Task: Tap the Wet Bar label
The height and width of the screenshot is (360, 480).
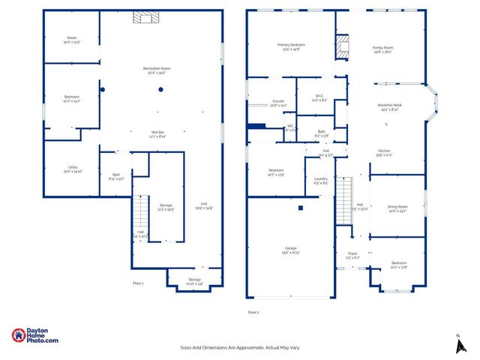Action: click(157, 133)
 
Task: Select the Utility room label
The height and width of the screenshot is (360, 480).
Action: click(72, 169)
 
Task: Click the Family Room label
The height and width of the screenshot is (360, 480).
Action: click(383, 49)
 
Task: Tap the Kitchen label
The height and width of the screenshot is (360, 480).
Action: click(384, 154)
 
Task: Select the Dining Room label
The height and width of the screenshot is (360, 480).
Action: click(397, 209)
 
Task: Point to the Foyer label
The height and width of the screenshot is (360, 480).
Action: click(352, 256)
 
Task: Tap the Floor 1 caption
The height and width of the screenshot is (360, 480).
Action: click(138, 283)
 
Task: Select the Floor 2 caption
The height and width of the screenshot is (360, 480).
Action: click(253, 311)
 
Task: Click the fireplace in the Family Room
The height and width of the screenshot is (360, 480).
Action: click(343, 46)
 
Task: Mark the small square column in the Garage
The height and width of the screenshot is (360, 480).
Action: click(300, 208)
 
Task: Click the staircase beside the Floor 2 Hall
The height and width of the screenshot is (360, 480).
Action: click(343, 199)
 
